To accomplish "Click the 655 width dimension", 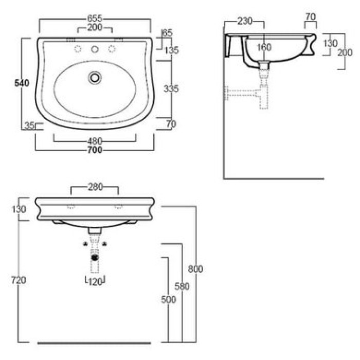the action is tap(95, 19).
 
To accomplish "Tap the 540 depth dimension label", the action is tap(22, 83).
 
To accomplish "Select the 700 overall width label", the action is tap(95, 150).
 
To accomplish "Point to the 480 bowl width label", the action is tap(95, 141).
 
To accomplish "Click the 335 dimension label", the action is tap(171, 88).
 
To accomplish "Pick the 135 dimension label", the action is tap(172, 50).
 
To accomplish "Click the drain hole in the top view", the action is tap(95, 78).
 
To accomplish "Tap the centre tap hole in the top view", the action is tap(95, 49).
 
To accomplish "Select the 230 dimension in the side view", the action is tap(245, 21).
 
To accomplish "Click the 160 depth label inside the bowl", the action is tap(264, 47).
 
